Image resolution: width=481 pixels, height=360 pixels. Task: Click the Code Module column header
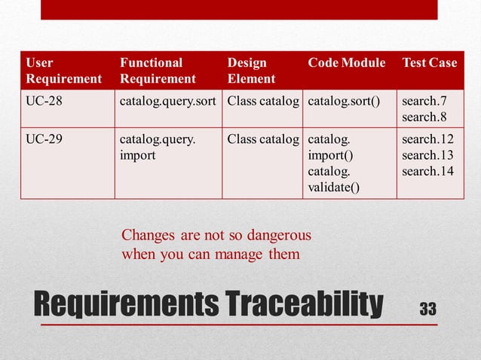347,63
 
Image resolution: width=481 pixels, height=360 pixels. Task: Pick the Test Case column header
429,63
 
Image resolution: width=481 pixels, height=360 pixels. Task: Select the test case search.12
424,139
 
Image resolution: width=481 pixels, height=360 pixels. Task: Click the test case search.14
424,171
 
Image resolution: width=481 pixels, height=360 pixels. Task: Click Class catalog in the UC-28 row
264,101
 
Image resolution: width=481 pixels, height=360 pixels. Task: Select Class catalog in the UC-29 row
264,139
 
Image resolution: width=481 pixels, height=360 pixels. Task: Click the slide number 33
427,309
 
